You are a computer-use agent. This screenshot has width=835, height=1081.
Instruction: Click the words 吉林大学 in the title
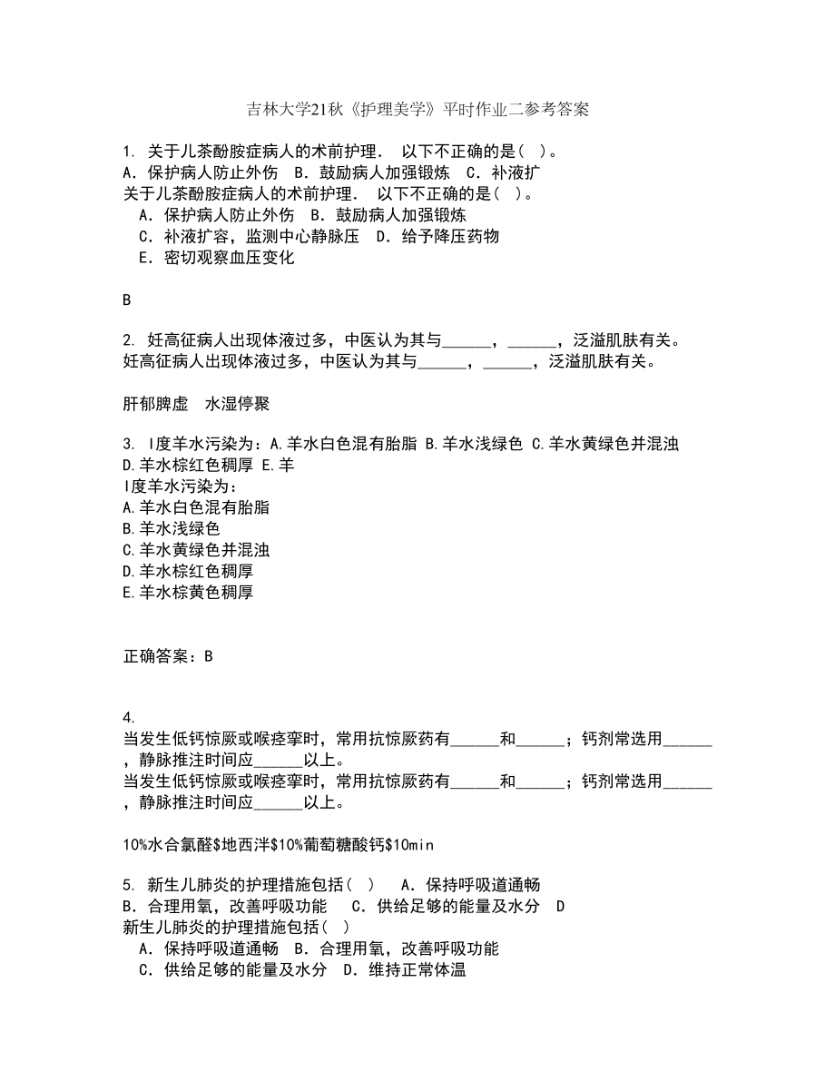278,111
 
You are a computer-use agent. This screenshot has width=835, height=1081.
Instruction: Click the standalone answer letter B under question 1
126,300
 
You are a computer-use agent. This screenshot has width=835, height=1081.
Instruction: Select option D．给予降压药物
437,236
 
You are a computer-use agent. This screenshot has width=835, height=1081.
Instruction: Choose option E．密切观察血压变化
216,258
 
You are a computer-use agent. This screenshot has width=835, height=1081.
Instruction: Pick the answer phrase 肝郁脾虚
152,404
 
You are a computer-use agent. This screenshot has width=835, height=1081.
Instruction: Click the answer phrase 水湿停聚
238,404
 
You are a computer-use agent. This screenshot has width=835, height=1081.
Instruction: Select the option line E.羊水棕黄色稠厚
187,593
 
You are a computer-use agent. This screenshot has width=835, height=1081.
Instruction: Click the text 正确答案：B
167,655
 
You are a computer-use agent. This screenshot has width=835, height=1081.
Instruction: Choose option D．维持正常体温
404,970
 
